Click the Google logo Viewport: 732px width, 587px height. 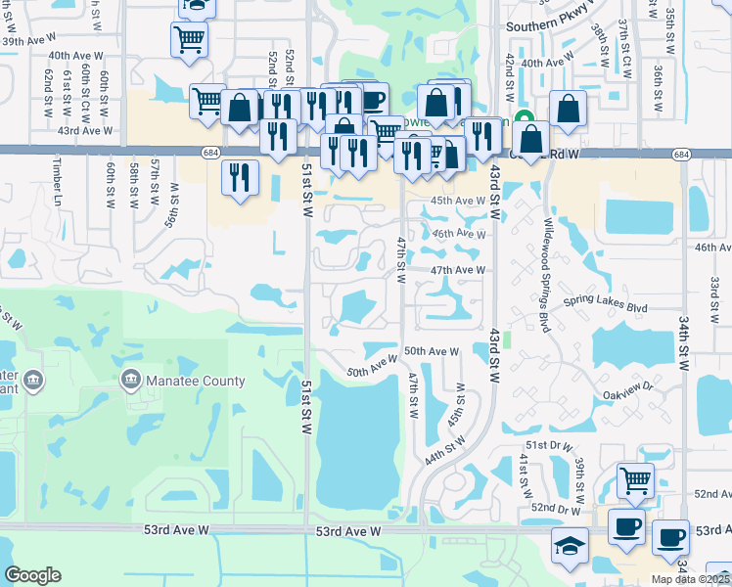pyautogui.click(x=32, y=575)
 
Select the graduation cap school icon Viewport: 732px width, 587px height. pyautogui.click(x=569, y=546)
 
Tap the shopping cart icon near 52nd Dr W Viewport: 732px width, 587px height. pyautogui.click(x=635, y=481)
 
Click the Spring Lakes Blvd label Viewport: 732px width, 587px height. pyautogui.click(x=636, y=307)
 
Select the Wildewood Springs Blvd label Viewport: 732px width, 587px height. pyautogui.click(x=546, y=275)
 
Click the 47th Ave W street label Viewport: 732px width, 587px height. pyautogui.click(x=458, y=270)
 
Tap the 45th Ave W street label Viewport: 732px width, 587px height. pyautogui.click(x=459, y=201)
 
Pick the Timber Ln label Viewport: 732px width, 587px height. pyautogui.click(x=58, y=181)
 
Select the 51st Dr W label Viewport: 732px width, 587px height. pyautogui.click(x=547, y=445)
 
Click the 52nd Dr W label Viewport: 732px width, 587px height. pyautogui.click(x=558, y=509)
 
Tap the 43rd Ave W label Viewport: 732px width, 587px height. pyautogui.click(x=85, y=130)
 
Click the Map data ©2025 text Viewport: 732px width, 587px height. pyautogui.click(x=691, y=579)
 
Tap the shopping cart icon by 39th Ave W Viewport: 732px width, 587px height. pyautogui.click(x=190, y=39)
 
